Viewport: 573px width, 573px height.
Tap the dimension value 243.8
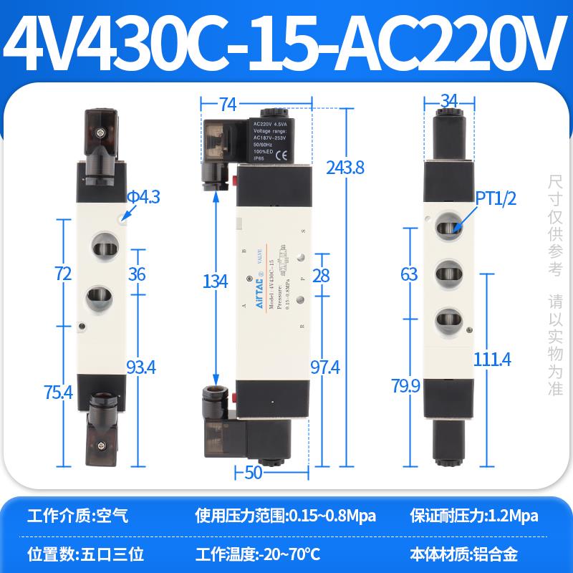345,168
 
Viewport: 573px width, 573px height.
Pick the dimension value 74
228,105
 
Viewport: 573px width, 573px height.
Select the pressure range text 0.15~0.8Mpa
330,515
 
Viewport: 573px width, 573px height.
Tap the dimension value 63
408,273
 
